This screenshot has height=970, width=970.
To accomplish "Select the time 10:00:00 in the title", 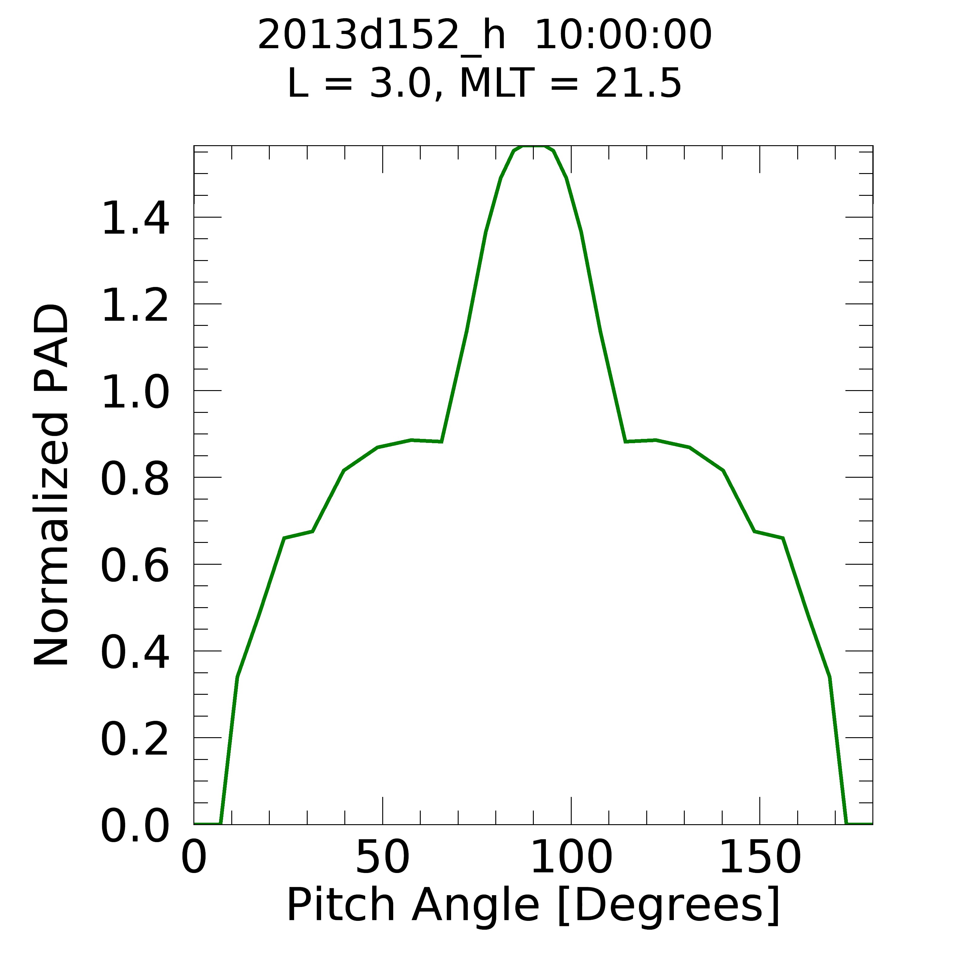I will pyautogui.click(x=623, y=36).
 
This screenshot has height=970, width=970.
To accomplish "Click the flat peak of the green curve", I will pyautogui.click(x=533, y=147).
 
